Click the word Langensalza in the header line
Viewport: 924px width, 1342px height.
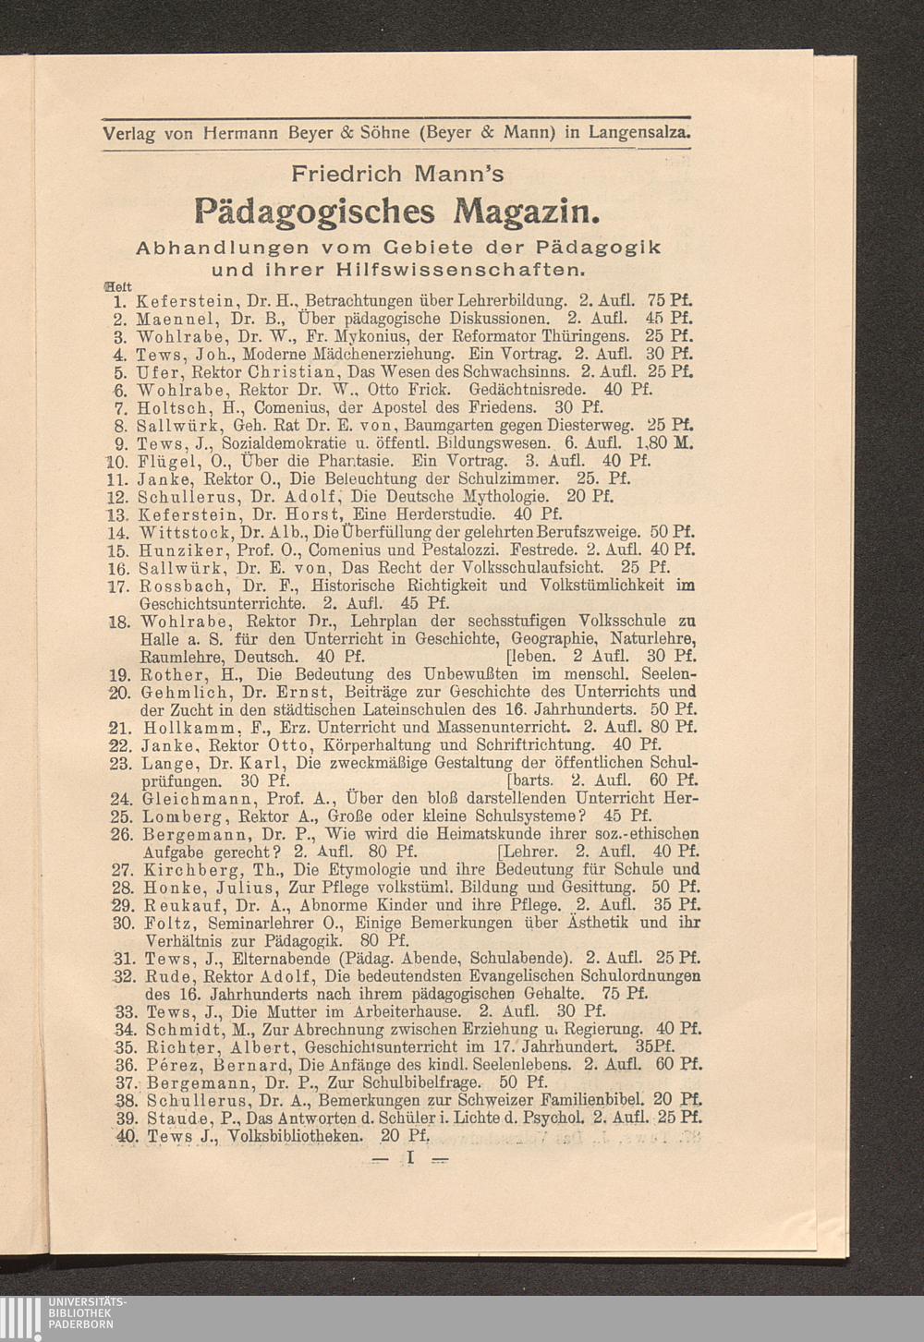click(638, 132)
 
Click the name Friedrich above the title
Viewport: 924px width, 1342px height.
click(345, 173)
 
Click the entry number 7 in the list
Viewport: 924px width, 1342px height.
click(119, 407)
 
